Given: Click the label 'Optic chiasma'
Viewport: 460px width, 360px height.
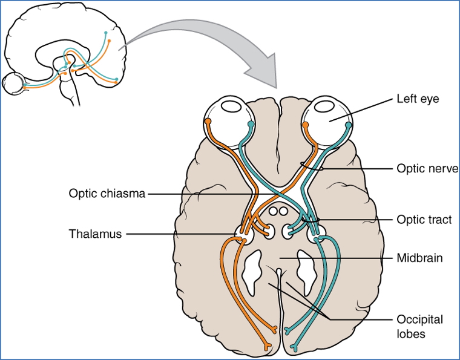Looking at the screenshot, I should coord(107,194).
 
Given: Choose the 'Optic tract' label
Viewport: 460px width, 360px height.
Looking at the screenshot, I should coord(424,220).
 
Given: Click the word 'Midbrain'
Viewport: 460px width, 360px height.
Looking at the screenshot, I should coord(419,258).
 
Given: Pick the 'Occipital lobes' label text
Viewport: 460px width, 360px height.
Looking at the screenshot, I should coord(419,325).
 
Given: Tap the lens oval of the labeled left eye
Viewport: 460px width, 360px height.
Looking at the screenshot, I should coord(327,107).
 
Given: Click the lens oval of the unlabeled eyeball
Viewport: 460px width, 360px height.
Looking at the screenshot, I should coord(230,107).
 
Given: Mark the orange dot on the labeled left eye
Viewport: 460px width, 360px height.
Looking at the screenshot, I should coord(306,125).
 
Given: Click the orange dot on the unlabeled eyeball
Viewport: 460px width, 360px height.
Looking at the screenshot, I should coord(208,122).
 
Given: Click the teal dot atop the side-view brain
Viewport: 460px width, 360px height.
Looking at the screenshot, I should coord(106,31).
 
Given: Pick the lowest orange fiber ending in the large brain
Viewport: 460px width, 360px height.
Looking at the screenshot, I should coord(266,347).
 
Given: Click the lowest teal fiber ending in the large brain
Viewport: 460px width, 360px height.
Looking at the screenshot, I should coord(294,347).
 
